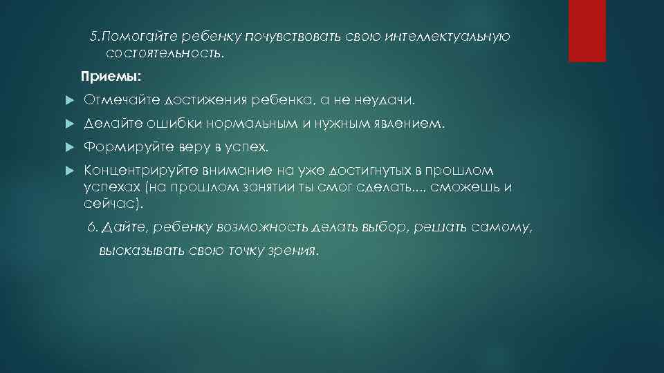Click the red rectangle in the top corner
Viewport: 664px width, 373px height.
587,30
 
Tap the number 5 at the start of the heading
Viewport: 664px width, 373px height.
95,37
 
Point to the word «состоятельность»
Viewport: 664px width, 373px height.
164,53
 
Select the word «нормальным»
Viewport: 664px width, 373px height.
241,125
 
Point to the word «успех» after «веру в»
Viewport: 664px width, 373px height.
243,148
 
